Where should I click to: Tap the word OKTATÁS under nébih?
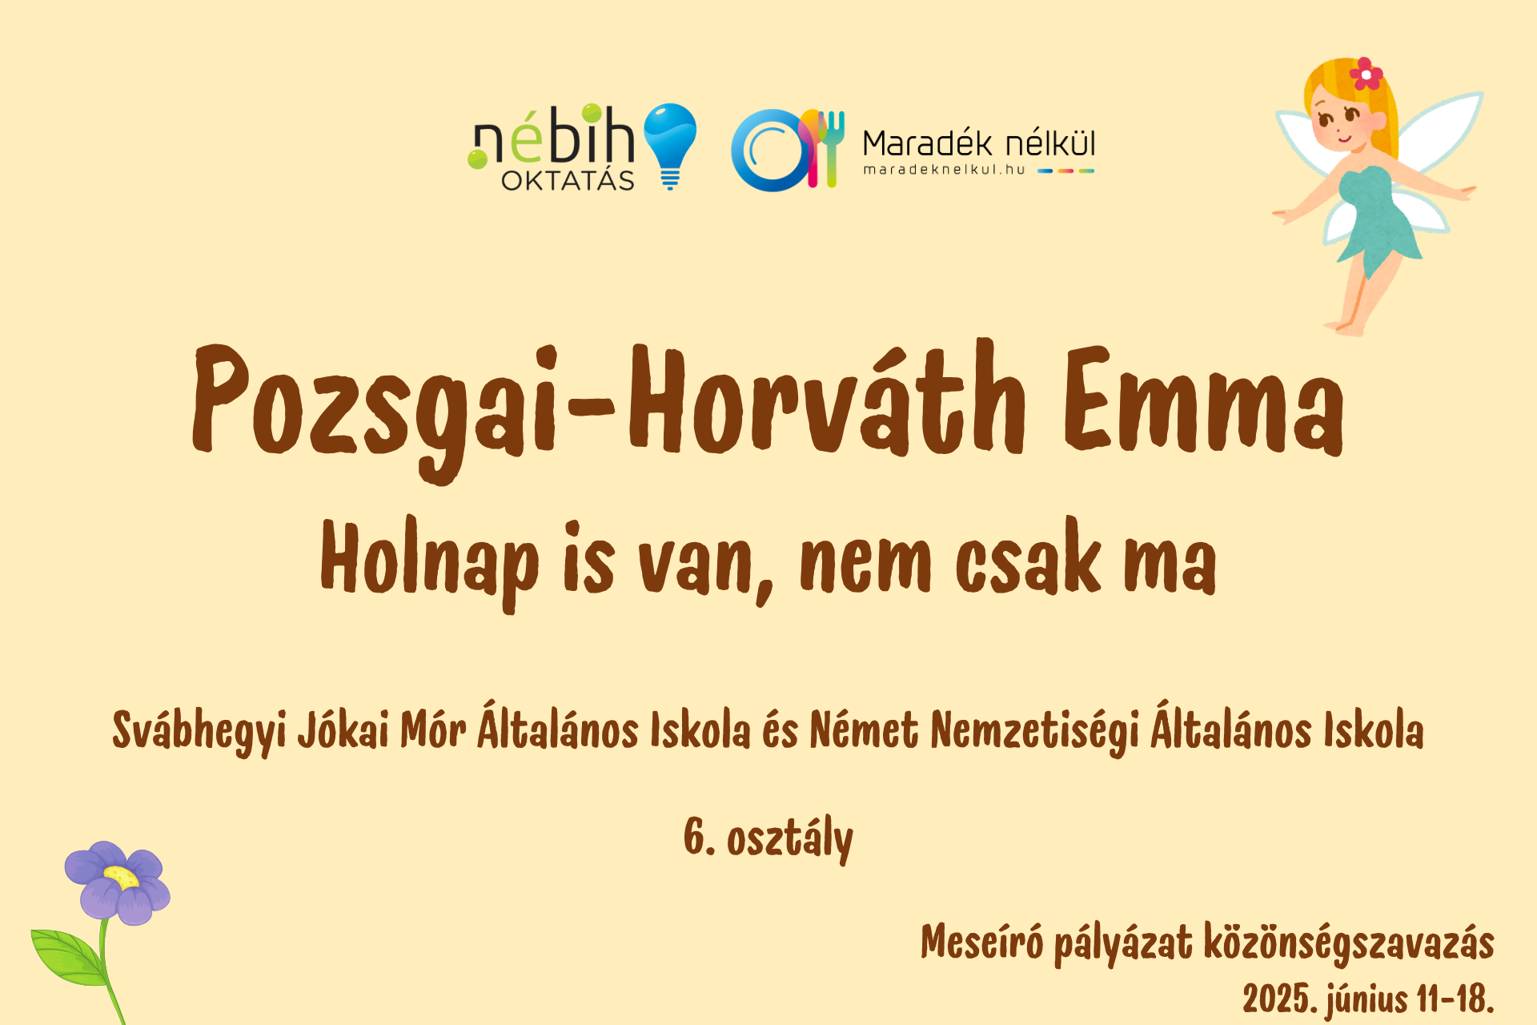(x=568, y=179)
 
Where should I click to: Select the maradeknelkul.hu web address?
(x=944, y=170)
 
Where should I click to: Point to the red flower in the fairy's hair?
(x=1366, y=74)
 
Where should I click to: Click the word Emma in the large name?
(x=1204, y=400)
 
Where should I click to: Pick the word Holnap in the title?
(x=430, y=561)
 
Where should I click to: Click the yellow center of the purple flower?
(x=121, y=876)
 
